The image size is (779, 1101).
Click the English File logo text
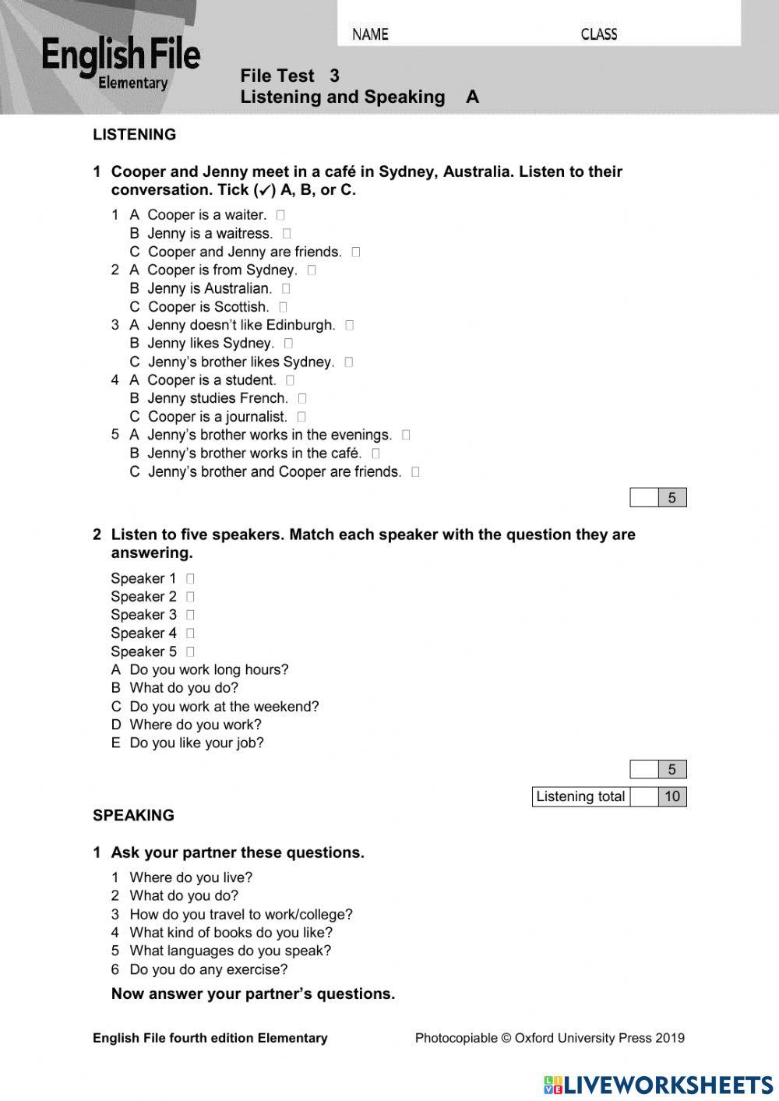(121, 56)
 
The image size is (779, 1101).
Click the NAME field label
(370, 34)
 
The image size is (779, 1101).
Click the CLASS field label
(598, 34)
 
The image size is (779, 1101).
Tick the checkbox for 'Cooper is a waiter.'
(280, 215)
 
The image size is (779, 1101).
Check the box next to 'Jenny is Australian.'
(286, 288)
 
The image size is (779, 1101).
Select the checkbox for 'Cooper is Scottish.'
(283, 307)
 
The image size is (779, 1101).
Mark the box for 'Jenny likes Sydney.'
(288, 344)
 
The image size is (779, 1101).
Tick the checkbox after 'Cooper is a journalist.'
(301, 417)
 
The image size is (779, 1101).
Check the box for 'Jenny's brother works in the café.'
(375, 453)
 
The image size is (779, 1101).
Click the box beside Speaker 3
(190, 615)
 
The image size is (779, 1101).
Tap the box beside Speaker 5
(190, 652)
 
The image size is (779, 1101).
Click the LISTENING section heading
(134, 135)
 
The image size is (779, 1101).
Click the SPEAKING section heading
(133, 816)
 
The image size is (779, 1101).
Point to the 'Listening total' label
(580, 796)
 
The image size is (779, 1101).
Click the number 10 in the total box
(672, 796)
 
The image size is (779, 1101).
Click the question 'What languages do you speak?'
(230, 951)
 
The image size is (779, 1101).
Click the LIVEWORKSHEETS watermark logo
(658, 1085)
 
